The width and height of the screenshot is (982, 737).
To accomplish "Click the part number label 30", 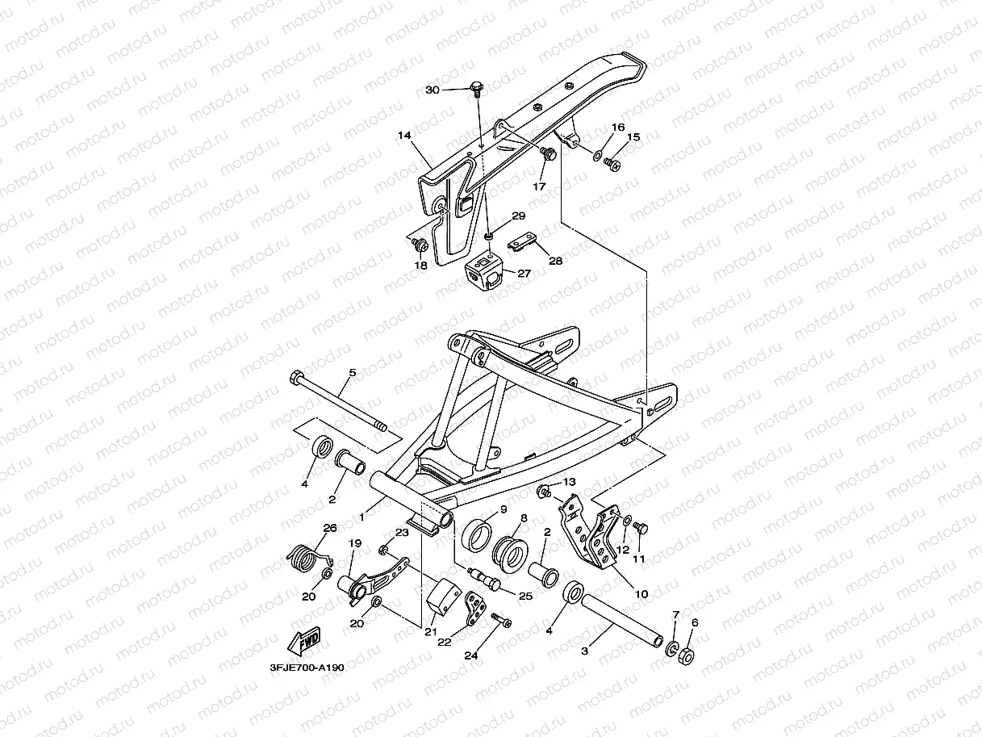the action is click(432, 90).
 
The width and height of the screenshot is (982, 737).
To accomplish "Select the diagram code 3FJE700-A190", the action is click(307, 668).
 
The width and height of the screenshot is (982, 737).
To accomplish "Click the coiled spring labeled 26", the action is click(303, 555).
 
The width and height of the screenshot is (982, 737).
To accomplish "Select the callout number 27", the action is click(524, 274).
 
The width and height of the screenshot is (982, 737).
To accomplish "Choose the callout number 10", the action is click(641, 594).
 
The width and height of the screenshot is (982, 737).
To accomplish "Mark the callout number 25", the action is click(525, 595).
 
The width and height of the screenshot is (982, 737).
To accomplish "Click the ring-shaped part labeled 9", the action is click(481, 533).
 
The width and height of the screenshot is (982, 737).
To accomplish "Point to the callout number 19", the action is click(353, 544).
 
